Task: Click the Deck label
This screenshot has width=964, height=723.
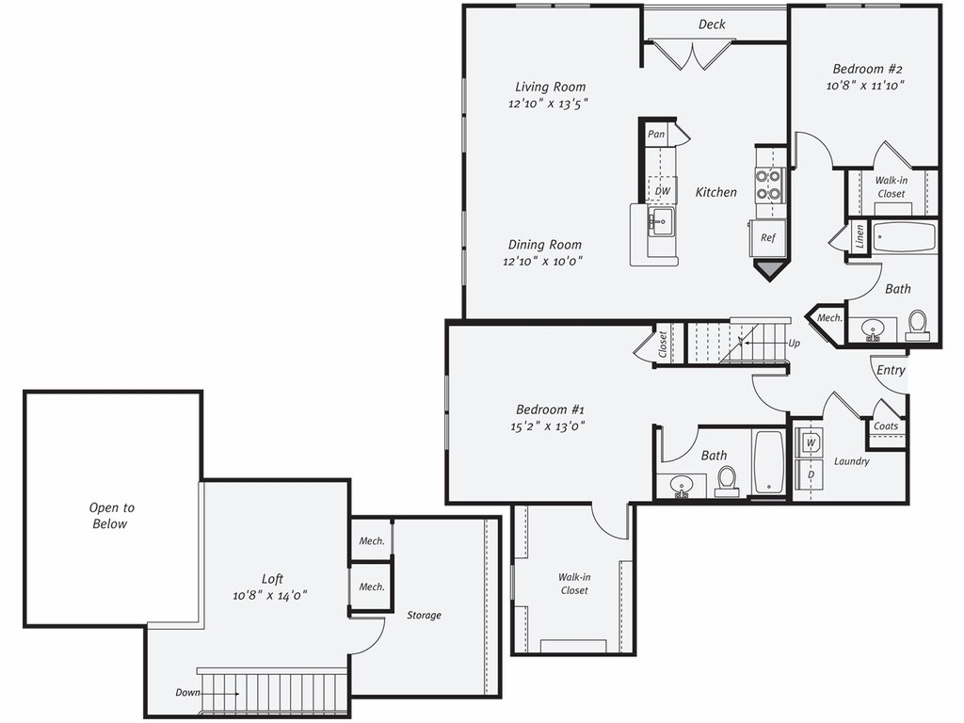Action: pyautogui.click(x=712, y=24)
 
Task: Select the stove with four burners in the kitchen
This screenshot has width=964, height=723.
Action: pyautogui.click(x=769, y=185)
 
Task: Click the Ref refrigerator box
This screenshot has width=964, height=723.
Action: pyautogui.click(x=768, y=237)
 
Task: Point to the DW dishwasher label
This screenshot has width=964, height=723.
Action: pyautogui.click(x=663, y=191)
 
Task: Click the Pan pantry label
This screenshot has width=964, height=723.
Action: pyautogui.click(x=656, y=135)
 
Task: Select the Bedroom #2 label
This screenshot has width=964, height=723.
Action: pyautogui.click(x=867, y=69)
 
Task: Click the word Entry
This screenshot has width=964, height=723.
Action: pyautogui.click(x=891, y=370)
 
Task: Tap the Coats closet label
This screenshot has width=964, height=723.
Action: pyautogui.click(x=885, y=426)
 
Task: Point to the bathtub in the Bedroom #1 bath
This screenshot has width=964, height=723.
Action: pyautogui.click(x=768, y=461)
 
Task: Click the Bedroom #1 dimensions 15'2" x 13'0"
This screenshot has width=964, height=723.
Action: pyautogui.click(x=551, y=426)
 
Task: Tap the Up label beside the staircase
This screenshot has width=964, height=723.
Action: pyautogui.click(x=794, y=344)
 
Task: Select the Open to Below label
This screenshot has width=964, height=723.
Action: pyautogui.click(x=110, y=516)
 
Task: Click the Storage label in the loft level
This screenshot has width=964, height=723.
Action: pyautogui.click(x=424, y=616)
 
